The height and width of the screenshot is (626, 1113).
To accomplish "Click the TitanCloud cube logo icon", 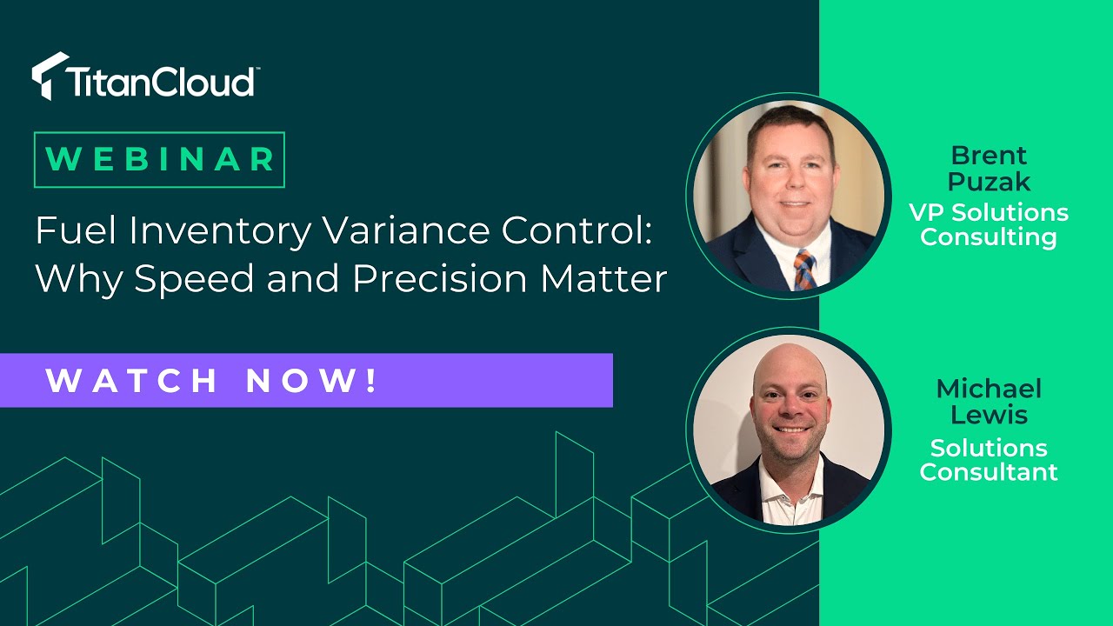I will [50, 76].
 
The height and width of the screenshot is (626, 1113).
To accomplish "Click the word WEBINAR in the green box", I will [160, 159].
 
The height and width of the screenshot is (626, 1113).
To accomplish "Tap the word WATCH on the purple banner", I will [131, 381].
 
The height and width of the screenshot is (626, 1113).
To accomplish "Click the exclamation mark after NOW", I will [372, 380].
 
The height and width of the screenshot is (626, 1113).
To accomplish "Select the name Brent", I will [989, 156].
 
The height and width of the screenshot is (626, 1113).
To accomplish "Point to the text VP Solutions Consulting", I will [989, 224].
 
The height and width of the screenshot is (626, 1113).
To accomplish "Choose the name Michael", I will [989, 389].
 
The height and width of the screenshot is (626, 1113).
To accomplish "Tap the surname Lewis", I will [989, 415].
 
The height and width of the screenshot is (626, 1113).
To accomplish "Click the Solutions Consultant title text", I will [989, 460].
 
